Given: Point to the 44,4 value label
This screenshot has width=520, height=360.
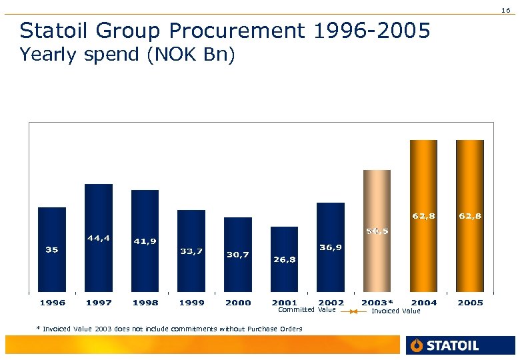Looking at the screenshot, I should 99,237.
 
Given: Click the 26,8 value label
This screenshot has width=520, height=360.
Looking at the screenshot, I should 285,259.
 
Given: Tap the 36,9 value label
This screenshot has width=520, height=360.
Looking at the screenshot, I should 331,247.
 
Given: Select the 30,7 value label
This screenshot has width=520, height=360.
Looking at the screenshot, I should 238,254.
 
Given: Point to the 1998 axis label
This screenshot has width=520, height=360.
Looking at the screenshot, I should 145,303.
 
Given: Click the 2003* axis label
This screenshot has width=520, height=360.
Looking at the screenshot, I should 377,303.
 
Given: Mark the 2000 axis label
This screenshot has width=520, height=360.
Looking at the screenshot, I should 238,303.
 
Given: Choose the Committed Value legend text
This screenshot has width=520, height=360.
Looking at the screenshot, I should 307,310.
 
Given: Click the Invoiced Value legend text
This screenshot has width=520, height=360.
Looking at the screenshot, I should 396,311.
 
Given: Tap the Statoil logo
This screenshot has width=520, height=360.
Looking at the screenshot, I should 444,345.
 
